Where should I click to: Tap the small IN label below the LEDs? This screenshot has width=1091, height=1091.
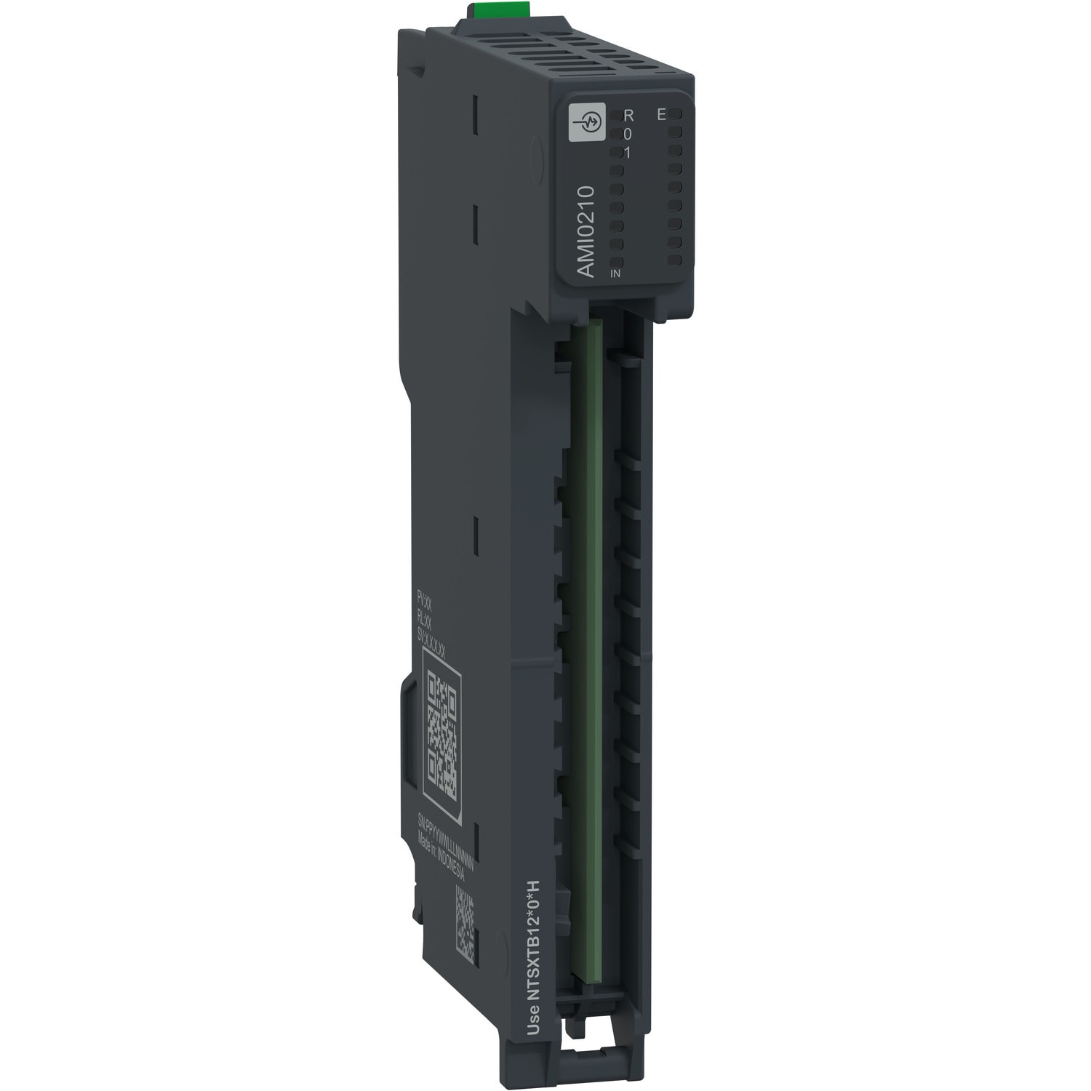tap(615, 273)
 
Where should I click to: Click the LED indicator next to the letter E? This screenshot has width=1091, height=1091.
tap(676, 115)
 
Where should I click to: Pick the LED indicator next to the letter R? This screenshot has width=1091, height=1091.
tap(615, 116)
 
